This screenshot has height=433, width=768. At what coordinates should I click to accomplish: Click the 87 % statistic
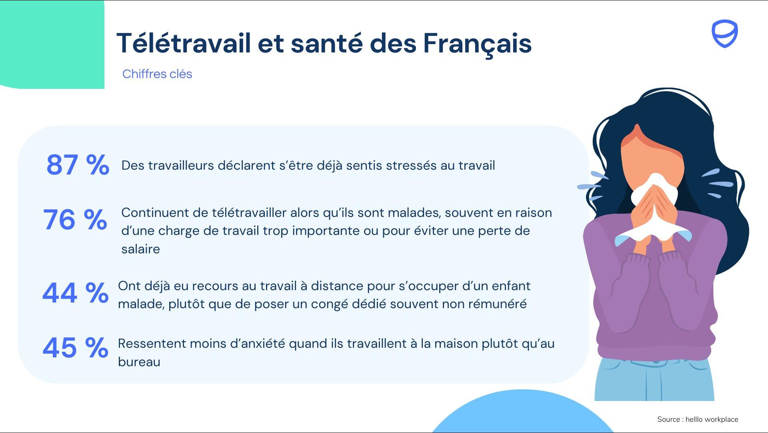click(x=78, y=164)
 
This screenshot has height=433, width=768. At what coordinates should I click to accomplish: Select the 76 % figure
click(x=75, y=220)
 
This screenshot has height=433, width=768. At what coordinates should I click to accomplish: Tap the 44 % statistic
click(x=75, y=293)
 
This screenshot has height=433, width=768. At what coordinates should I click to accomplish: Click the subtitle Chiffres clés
click(x=157, y=74)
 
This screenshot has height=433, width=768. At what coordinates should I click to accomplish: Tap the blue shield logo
click(x=724, y=34)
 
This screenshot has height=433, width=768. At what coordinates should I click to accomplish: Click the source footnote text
click(x=698, y=419)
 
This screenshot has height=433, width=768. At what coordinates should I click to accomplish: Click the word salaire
click(x=140, y=249)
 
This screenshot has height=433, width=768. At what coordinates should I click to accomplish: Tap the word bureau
click(x=139, y=362)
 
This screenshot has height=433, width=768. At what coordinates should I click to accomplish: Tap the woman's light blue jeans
click(x=654, y=380)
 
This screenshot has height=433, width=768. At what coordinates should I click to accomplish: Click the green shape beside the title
click(x=52, y=44)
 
